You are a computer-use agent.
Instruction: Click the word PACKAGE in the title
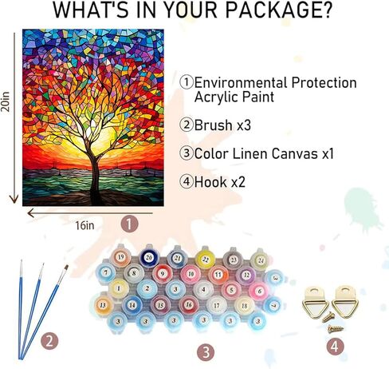point(278,10)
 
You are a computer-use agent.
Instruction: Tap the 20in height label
point(6,101)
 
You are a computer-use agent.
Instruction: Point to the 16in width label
point(84,225)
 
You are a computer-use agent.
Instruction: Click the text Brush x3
point(222,125)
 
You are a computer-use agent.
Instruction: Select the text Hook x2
point(219,182)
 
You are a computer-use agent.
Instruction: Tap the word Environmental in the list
point(240,82)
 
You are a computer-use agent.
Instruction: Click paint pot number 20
point(149,257)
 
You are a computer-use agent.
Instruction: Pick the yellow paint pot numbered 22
point(205,259)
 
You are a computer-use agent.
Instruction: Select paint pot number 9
point(163,274)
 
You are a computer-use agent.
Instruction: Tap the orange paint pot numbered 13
point(103,305)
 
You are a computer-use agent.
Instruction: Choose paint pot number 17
point(217,305)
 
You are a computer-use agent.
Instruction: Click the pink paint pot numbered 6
point(260,292)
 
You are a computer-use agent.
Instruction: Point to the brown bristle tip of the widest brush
point(66,267)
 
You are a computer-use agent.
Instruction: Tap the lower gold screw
point(336,328)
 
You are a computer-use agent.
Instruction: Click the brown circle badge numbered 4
point(336,346)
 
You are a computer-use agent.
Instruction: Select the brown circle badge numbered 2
point(49,341)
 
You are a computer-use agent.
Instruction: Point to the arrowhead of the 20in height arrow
point(14,199)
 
